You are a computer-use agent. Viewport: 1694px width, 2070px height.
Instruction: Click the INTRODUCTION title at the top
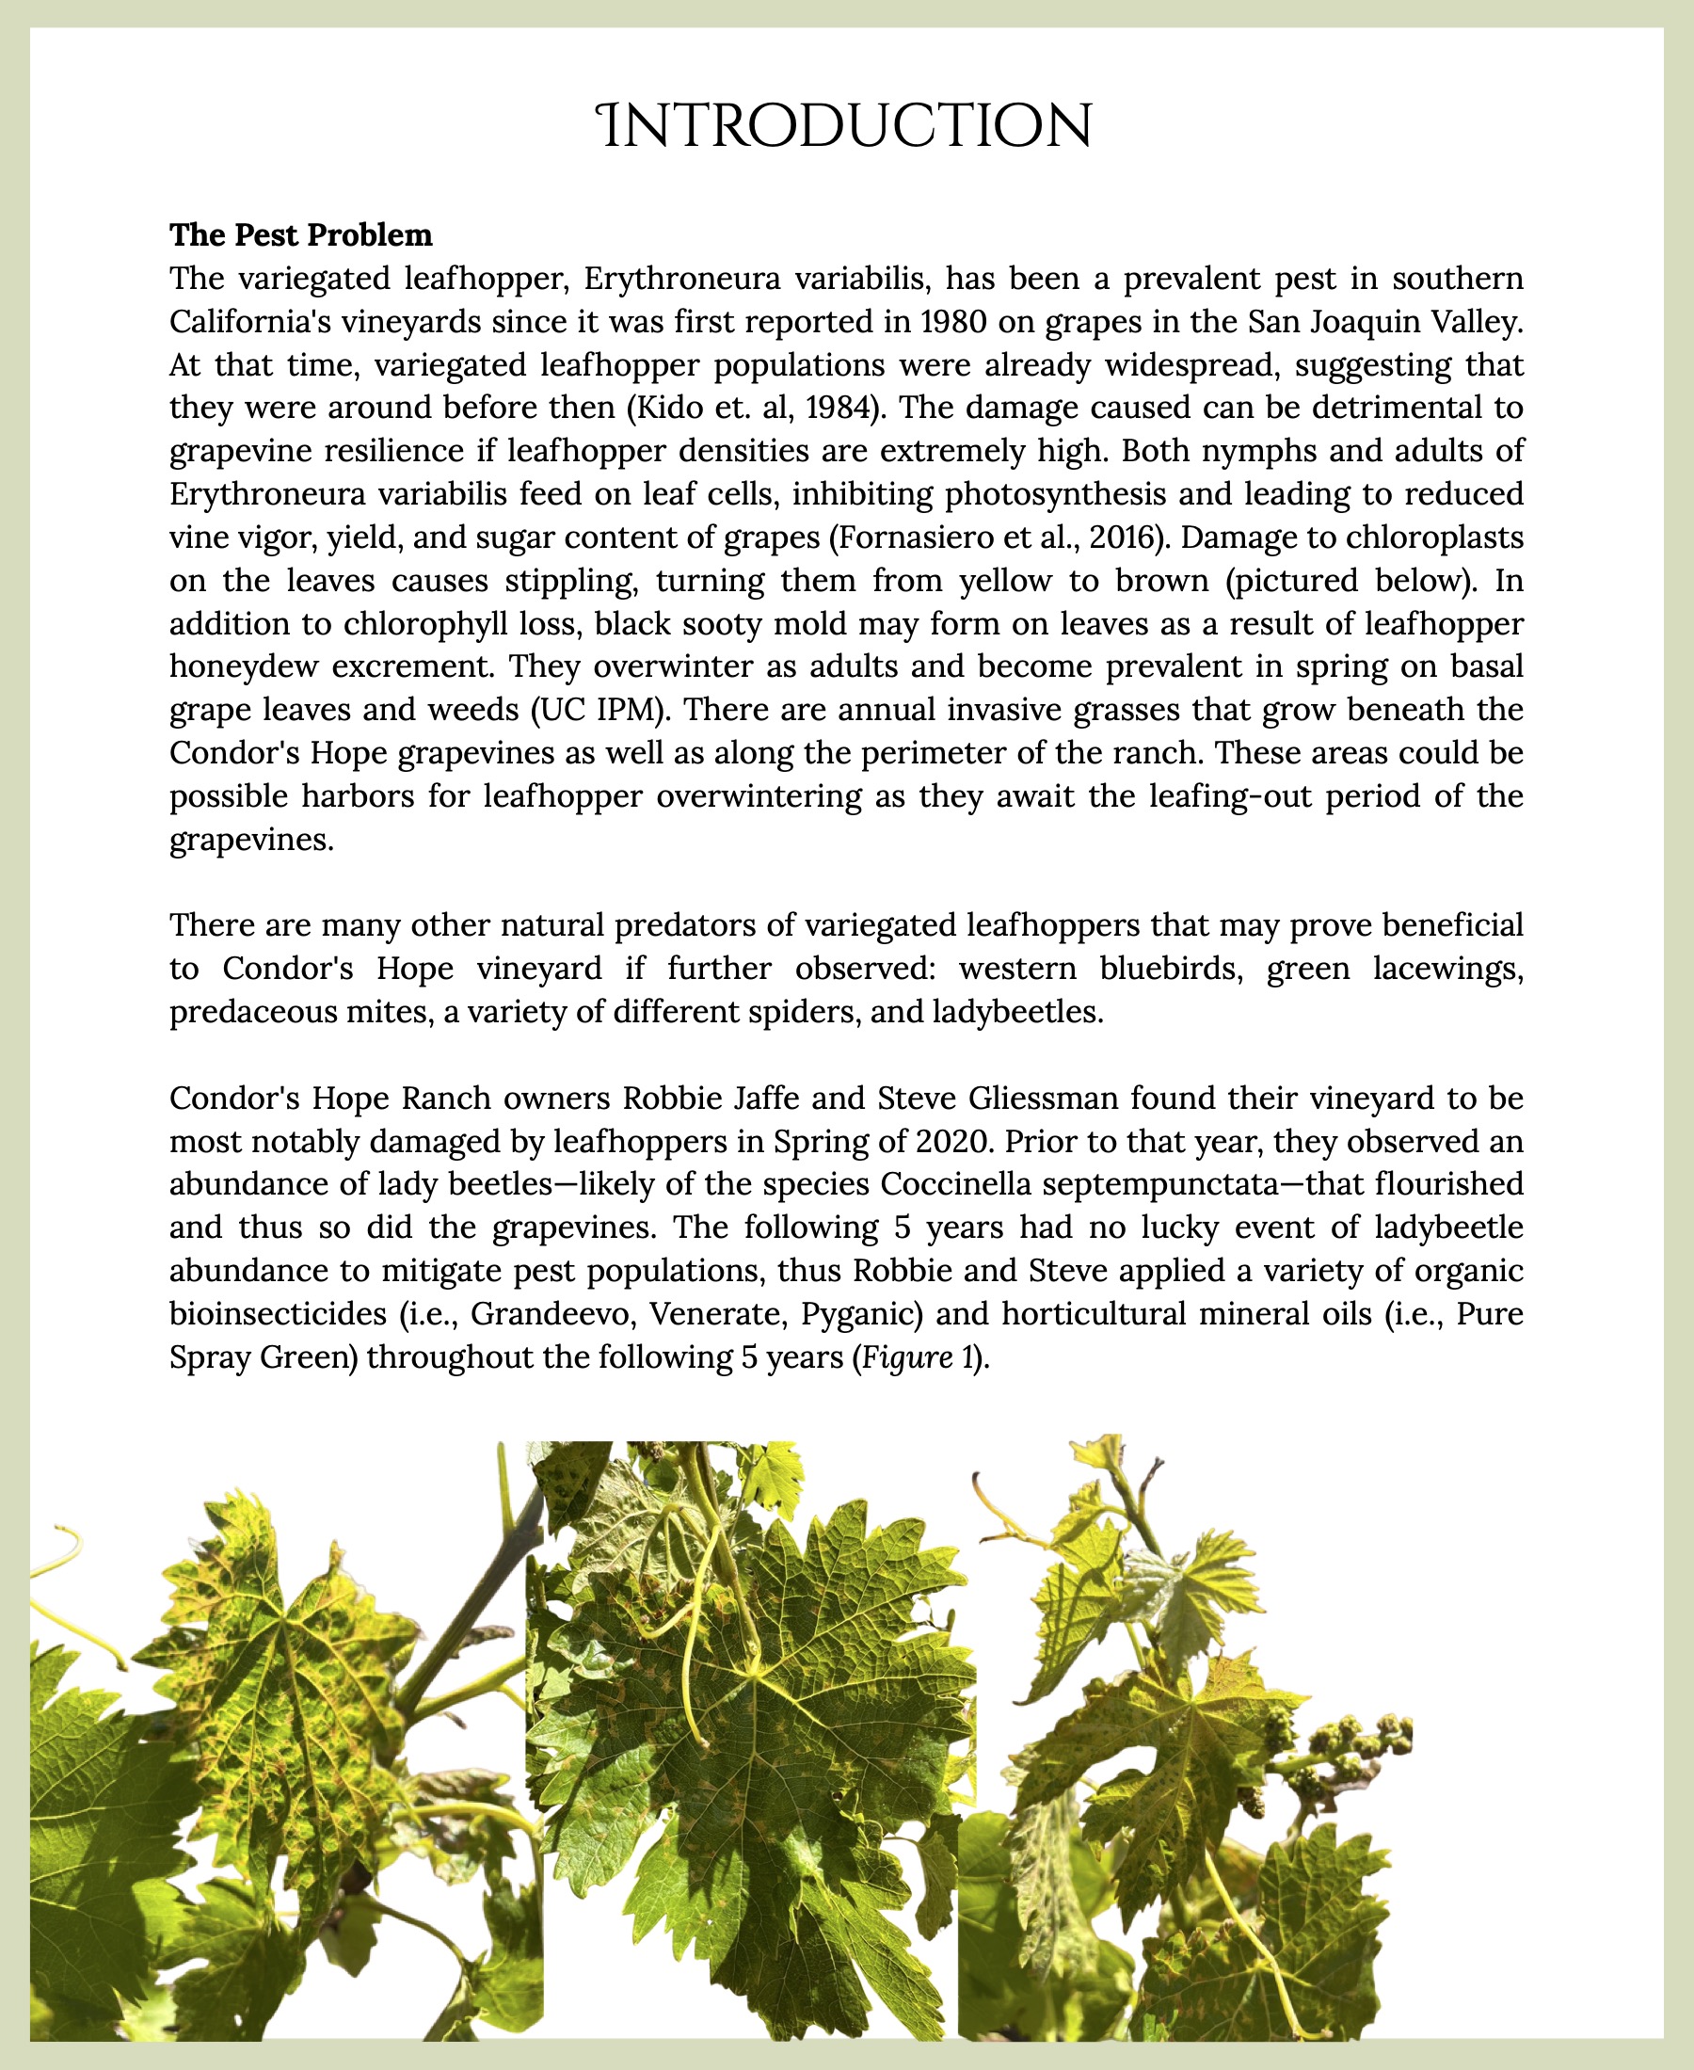[x=846, y=128]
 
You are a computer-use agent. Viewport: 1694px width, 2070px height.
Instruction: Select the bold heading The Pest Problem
[x=300, y=235]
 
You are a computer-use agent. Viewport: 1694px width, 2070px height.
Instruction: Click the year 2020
[x=952, y=1141]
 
